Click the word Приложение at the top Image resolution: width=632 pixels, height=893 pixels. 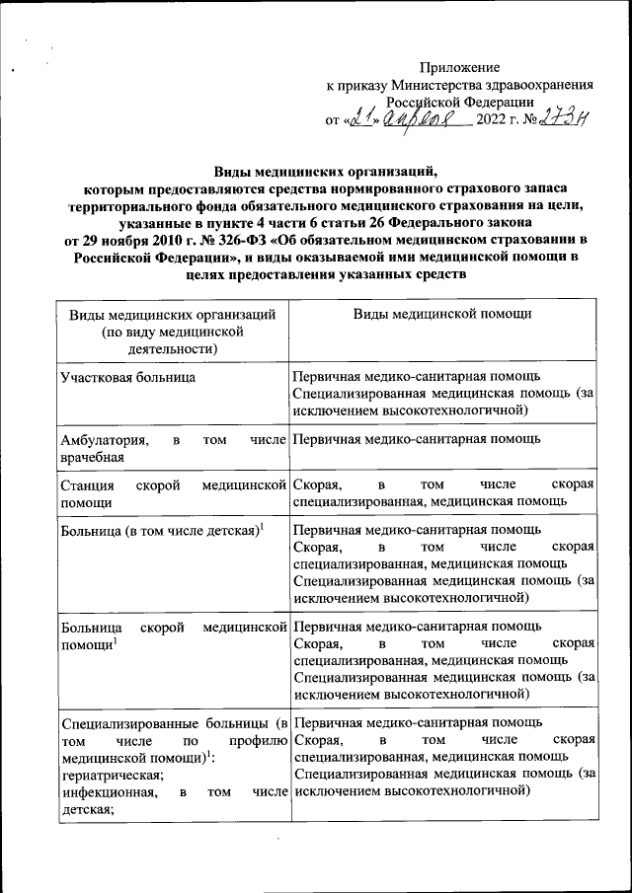[x=460, y=67]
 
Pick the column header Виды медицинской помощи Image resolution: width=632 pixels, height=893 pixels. [x=442, y=313]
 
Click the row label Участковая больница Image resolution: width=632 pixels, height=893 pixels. [x=127, y=377]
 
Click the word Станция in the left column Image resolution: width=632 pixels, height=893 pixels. [x=86, y=485]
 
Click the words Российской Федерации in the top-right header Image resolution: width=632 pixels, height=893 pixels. [x=460, y=102]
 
